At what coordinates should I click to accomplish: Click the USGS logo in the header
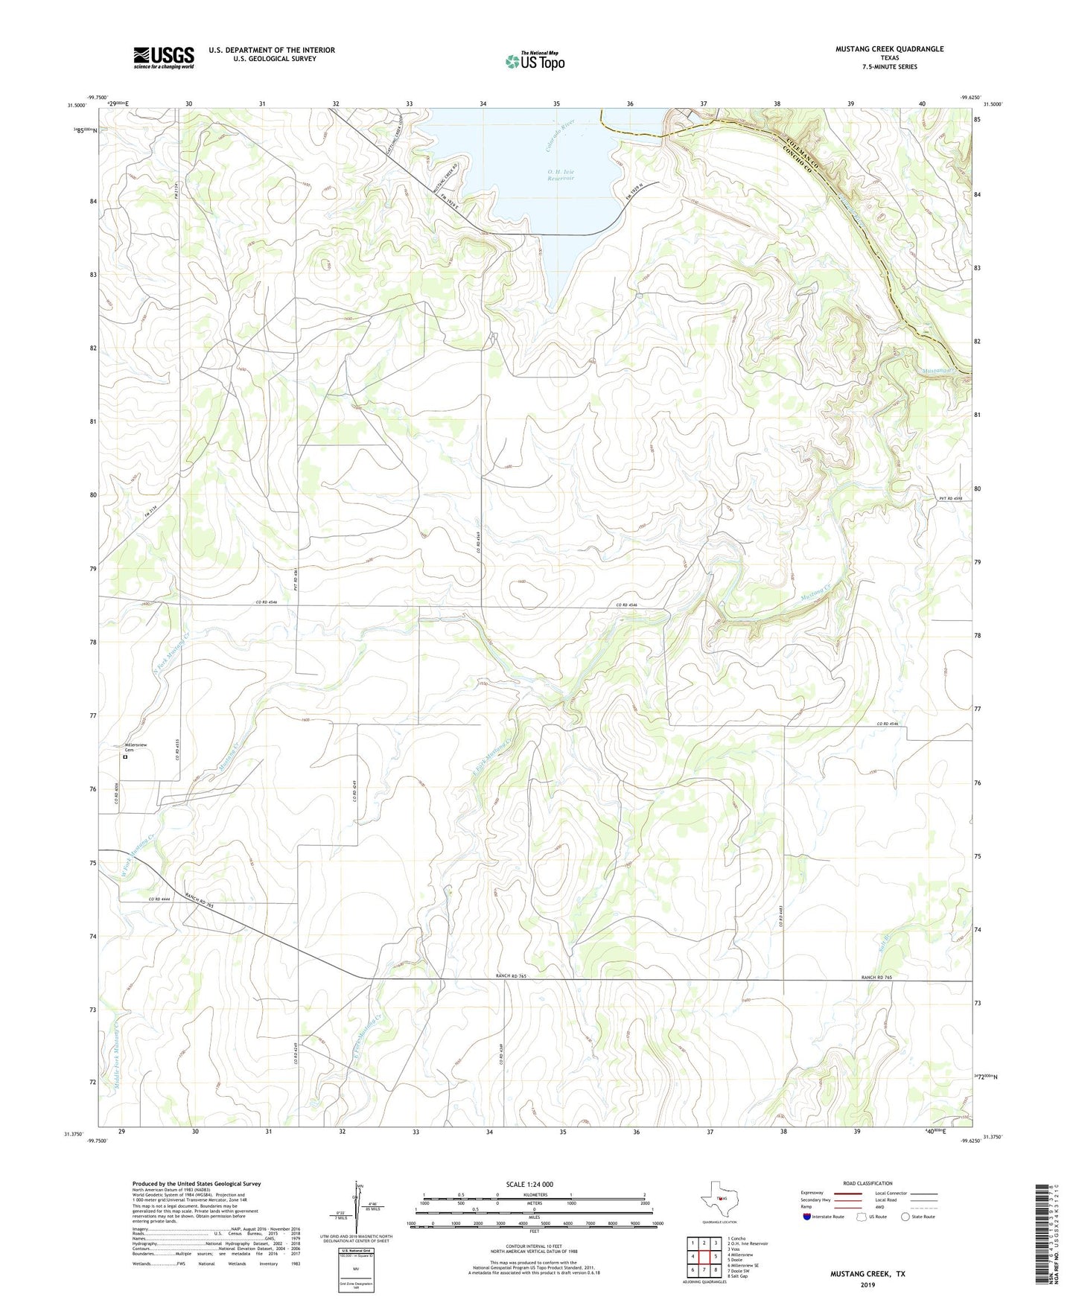pyautogui.click(x=164, y=57)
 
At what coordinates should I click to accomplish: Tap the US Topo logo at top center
pyautogui.click(x=535, y=61)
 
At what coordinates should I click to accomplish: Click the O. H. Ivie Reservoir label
pyautogui.click(x=561, y=176)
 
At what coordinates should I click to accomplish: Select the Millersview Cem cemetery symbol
pyautogui.click(x=125, y=757)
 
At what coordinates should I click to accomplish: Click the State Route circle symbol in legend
pyautogui.click(x=905, y=1217)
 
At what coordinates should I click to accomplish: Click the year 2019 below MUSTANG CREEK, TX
pyautogui.click(x=867, y=1284)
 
